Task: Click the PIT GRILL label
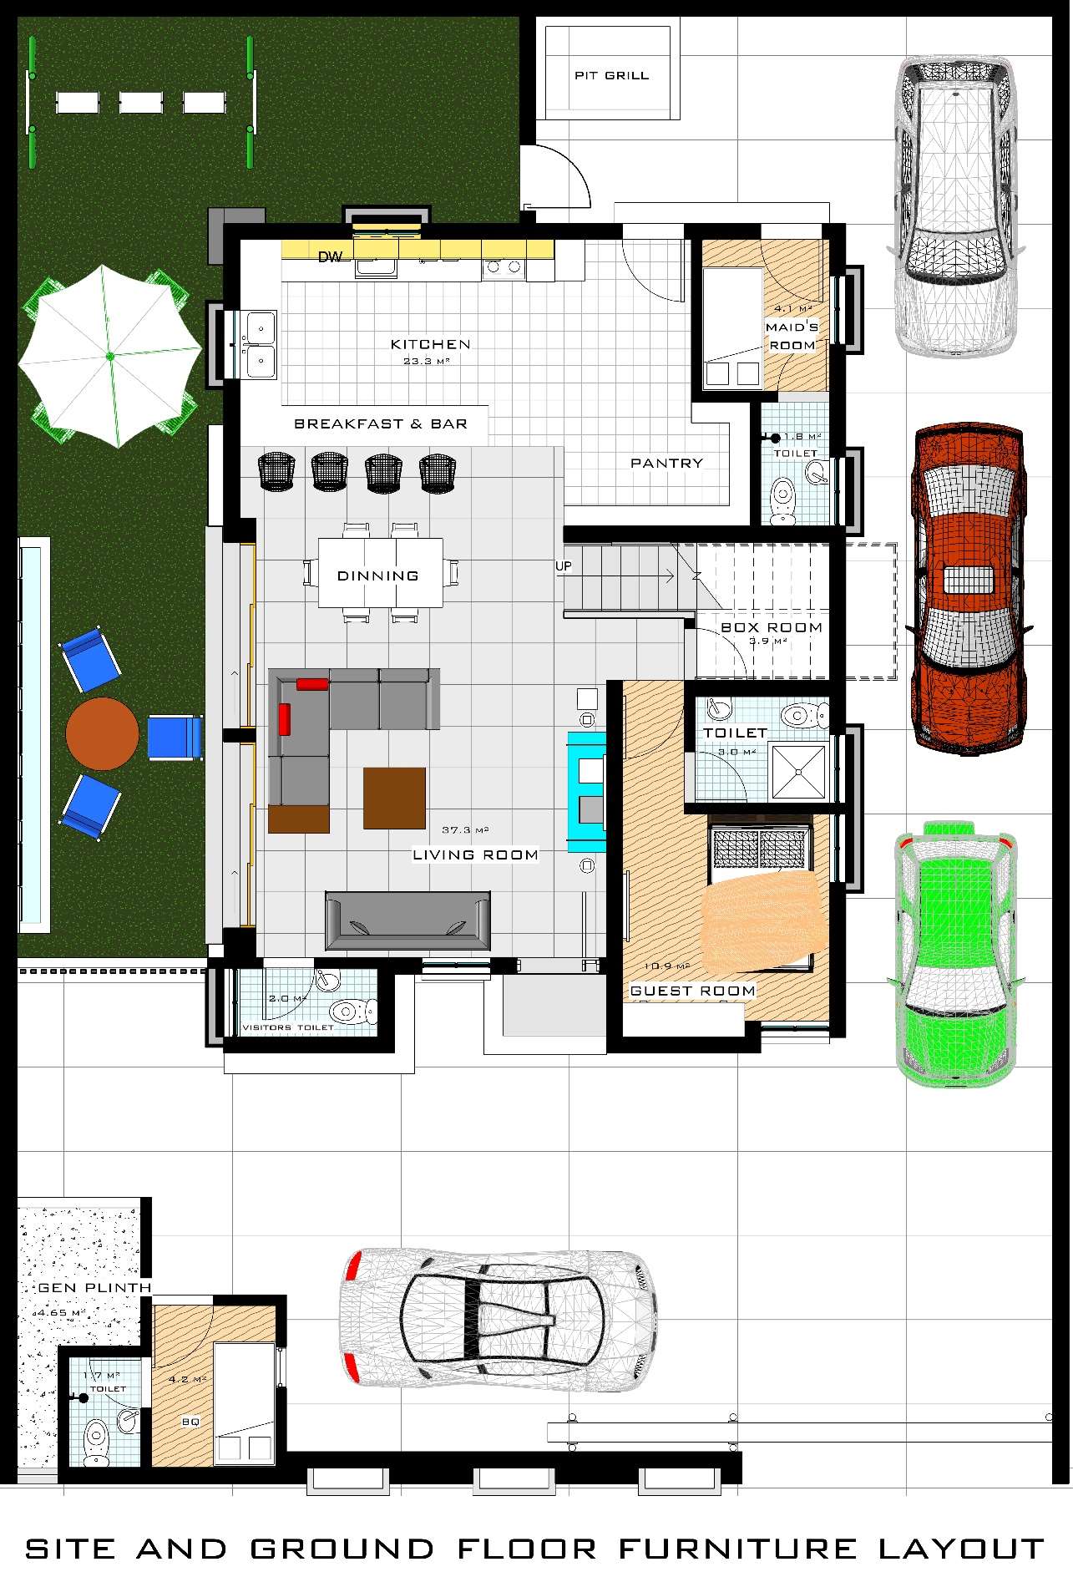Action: [611, 75]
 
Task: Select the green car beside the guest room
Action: [956, 952]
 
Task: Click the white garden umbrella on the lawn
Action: [110, 355]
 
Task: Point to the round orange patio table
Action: [102, 733]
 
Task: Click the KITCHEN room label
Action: [430, 344]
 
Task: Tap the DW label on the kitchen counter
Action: [330, 257]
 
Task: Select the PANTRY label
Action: [666, 463]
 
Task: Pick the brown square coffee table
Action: [394, 798]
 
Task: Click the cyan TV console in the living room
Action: [586, 791]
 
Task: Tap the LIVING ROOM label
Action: [475, 854]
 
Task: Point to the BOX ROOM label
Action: [771, 627]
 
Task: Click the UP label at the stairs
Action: [564, 566]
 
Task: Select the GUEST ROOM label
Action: [692, 991]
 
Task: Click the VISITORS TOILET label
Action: [288, 1027]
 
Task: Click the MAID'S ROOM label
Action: [792, 336]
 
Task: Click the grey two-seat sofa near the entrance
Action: [407, 920]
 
